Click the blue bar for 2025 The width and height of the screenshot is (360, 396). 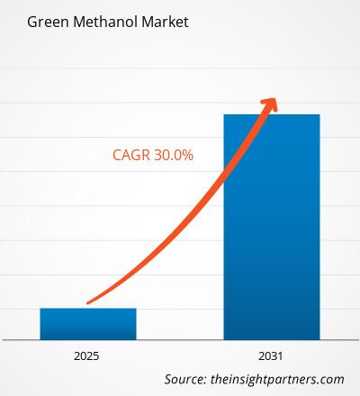pyautogui.click(x=88, y=323)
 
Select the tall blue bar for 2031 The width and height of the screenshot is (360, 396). pyautogui.click(x=271, y=225)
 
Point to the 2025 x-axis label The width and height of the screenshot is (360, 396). pyautogui.click(x=88, y=356)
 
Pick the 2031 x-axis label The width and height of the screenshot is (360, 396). pyautogui.click(x=271, y=356)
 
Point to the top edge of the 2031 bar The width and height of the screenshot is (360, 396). pyautogui.click(x=271, y=114)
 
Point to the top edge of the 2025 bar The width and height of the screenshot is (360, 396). pyautogui.click(x=88, y=309)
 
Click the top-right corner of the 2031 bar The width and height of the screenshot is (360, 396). pyautogui.click(x=319, y=114)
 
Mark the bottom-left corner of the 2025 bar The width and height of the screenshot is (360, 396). pyautogui.click(x=40, y=339)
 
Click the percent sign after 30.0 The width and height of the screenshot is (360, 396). pyautogui.click(x=189, y=155)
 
